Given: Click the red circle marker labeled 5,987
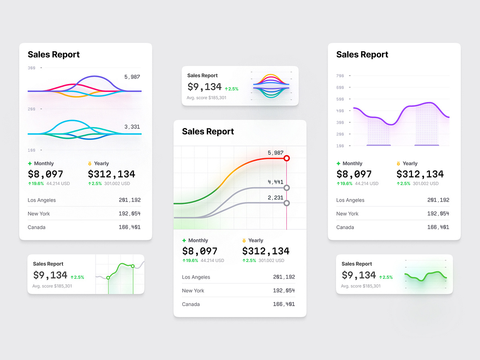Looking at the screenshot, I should pos(286,158).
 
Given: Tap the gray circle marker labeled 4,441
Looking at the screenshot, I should pos(286,188).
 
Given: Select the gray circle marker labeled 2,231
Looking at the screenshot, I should pos(286,203).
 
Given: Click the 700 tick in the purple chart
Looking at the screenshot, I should pos(340,76).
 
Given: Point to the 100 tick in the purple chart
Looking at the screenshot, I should pos(340,146).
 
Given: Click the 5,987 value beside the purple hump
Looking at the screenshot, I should pos(132,77).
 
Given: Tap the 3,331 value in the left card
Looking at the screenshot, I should pos(132,127).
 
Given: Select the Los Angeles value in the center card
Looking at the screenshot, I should pos(284,277).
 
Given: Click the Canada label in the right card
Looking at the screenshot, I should pos(345,227).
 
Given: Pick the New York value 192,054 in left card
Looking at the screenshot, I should pos(129,214).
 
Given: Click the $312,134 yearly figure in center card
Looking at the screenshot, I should pos(266,251).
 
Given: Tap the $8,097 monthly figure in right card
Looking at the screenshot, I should pos(354,174).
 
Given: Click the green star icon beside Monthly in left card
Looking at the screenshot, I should pos(30,164).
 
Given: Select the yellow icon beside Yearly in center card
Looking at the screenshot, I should pos(244,241).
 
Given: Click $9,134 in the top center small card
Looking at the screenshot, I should pos(204,87).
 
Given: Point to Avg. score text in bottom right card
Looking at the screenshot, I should pos(360,286).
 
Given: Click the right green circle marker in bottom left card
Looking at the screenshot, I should pos(133,266).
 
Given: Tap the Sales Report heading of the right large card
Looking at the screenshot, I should pos(362,55).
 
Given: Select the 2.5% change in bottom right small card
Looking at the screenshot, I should pos(386,277).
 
